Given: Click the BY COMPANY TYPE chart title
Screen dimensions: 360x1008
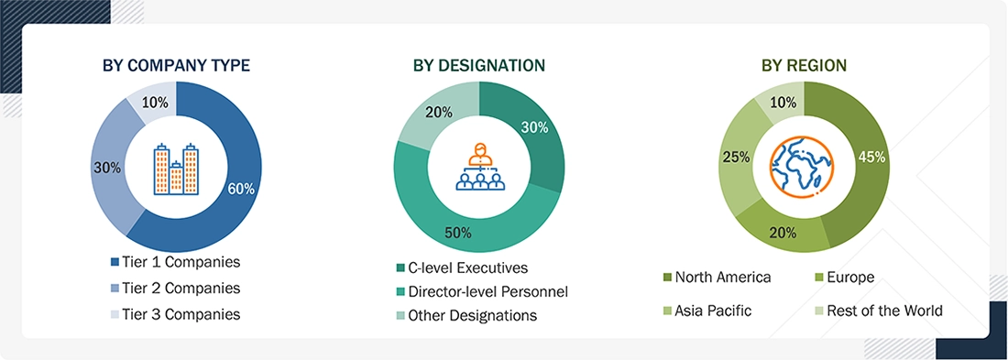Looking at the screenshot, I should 177,65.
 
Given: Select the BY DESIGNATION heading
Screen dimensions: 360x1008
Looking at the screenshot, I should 478,65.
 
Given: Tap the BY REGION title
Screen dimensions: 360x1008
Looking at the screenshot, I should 804,65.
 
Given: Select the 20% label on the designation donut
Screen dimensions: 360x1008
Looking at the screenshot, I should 436,113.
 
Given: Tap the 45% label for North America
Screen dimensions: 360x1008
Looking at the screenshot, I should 871,157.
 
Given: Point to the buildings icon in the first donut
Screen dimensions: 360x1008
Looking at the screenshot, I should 177,169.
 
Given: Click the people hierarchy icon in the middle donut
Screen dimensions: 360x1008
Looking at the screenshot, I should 478,169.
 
